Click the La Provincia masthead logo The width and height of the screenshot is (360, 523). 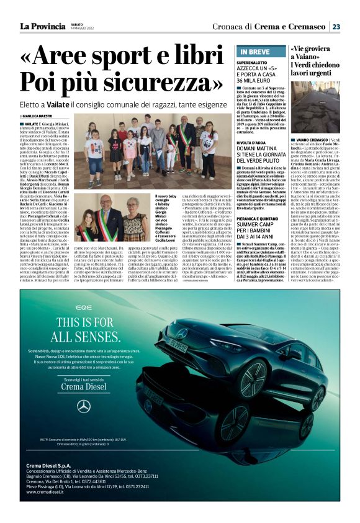point(42,26)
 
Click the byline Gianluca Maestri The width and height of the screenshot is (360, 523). point(38,116)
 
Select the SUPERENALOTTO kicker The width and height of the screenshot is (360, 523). point(253,63)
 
